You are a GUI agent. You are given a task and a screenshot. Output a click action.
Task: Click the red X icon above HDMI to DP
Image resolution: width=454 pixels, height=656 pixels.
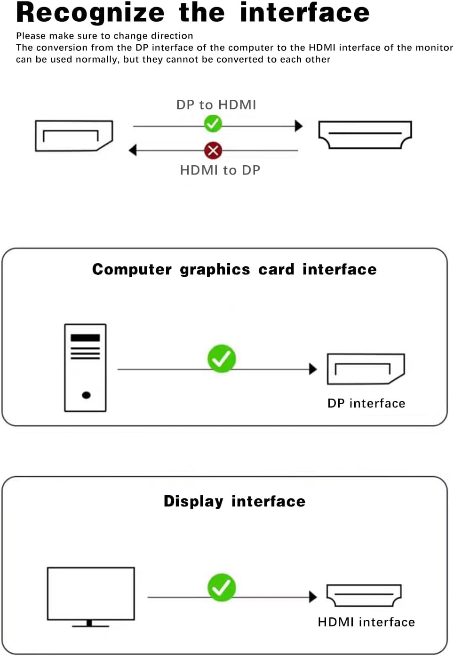pyautogui.click(x=213, y=151)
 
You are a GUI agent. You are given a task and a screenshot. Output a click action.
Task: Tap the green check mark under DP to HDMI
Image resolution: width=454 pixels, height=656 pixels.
pyautogui.click(x=213, y=124)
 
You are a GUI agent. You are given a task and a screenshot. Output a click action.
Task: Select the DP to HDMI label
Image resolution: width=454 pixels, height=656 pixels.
pyautogui.click(x=216, y=104)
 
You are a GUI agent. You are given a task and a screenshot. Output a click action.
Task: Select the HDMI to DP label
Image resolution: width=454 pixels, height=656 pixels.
pyautogui.click(x=220, y=170)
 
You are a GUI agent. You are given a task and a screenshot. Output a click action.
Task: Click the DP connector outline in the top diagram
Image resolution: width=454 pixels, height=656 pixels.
pyautogui.click(x=74, y=136)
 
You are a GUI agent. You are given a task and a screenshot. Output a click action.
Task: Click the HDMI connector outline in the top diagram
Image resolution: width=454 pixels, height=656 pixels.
pyautogui.click(x=365, y=135)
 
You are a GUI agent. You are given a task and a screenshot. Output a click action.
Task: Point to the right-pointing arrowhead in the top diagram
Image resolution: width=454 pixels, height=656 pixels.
pyautogui.click(x=298, y=126)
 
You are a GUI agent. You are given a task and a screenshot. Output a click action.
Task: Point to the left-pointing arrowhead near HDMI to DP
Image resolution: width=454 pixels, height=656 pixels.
pyautogui.click(x=133, y=150)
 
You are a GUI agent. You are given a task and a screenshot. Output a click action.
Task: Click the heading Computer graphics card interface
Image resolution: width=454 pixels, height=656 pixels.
pyautogui.click(x=234, y=269)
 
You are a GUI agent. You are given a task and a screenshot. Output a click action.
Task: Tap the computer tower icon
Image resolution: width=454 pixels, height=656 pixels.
pyautogui.click(x=85, y=368)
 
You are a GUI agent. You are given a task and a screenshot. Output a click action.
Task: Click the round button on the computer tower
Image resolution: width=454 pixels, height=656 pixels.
pyautogui.click(x=86, y=395)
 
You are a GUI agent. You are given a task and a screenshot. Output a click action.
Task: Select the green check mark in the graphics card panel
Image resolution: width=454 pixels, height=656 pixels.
pyautogui.click(x=222, y=359)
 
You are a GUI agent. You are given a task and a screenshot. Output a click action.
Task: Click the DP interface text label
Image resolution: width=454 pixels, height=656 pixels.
pyautogui.click(x=366, y=403)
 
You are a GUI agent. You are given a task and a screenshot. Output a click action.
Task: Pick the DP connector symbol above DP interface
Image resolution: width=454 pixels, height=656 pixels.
pyautogui.click(x=366, y=369)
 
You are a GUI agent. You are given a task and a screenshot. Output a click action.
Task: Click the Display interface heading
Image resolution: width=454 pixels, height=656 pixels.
pyautogui.click(x=234, y=501)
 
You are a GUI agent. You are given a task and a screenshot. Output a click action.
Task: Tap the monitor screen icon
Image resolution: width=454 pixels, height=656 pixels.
pyautogui.click(x=91, y=594)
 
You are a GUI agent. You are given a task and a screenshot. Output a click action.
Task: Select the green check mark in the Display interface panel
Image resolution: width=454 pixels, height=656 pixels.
pyautogui.click(x=222, y=587)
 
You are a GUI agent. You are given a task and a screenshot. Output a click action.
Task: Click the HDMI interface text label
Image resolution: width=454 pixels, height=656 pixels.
pyautogui.click(x=366, y=622)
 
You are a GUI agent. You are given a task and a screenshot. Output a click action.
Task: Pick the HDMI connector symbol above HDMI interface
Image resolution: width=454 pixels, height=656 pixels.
pyautogui.click(x=364, y=596)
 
